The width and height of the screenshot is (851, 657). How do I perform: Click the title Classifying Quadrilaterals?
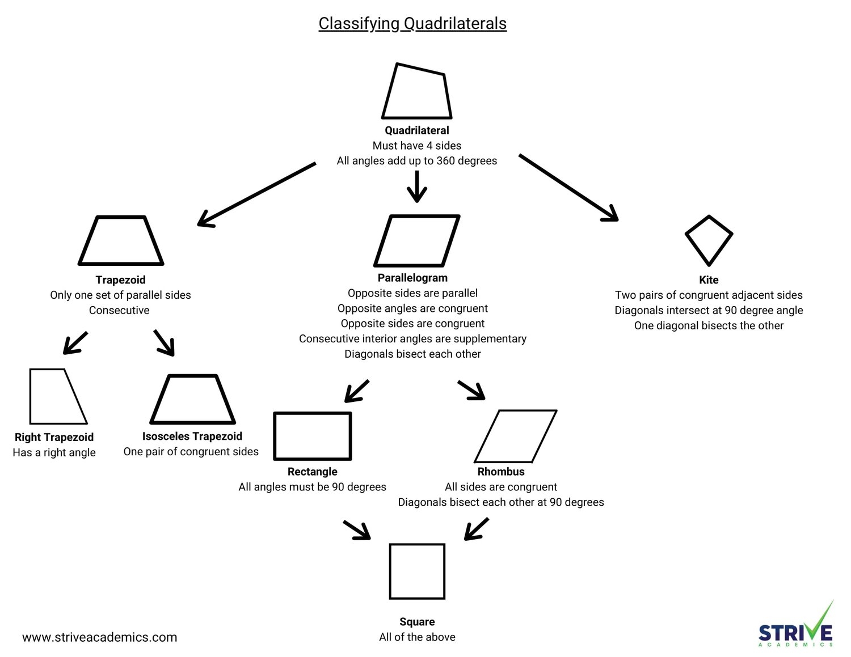(x=412, y=23)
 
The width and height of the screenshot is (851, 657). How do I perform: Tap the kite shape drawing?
(x=709, y=240)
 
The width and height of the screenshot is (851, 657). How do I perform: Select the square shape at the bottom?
(x=417, y=571)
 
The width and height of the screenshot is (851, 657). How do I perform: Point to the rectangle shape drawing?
(x=313, y=436)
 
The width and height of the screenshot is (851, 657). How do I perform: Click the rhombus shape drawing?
(x=515, y=436)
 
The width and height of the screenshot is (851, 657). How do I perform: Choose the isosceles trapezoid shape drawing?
(x=192, y=400)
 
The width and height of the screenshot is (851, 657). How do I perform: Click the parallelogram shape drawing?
(x=417, y=240)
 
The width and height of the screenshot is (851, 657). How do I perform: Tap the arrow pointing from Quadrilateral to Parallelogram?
(x=417, y=186)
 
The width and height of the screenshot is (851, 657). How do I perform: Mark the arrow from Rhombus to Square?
(x=477, y=529)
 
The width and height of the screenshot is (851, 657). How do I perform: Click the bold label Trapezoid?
(x=120, y=280)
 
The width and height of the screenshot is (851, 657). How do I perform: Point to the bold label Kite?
(x=709, y=280)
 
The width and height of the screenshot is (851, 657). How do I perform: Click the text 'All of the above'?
(x=417, y=637)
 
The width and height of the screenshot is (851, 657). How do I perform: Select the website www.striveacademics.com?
(x=100, y=637)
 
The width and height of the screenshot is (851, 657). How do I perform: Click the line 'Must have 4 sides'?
(x=417, y=146)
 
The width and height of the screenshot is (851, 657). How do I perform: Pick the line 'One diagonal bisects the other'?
(x=709, y=326)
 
